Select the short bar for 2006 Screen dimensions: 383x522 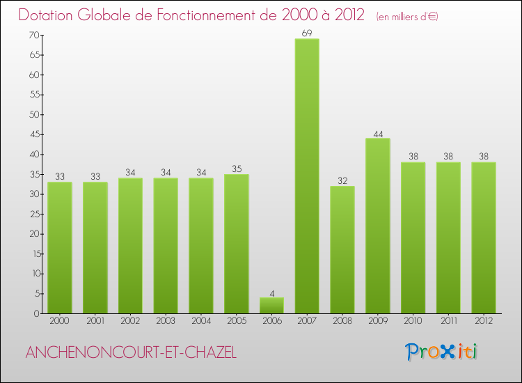click(x=271, y=305)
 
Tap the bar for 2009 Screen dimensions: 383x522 click(x=378, y=226)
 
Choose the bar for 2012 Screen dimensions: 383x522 click(x=484, y=237)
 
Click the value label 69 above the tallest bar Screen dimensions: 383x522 click(x=307, y=33)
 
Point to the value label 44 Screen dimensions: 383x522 click(x=378, y=132)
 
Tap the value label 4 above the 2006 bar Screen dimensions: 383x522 click(x=271, y=292)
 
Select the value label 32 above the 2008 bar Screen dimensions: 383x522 click(x=342, y=180)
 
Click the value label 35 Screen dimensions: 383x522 click(x=236, y=169)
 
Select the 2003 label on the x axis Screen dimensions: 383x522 click(x=165, y=322)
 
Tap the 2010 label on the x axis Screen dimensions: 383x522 click(x=413, y=322)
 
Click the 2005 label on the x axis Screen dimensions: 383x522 click(x=236, y=322)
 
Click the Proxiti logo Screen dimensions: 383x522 click(x=442, y=352)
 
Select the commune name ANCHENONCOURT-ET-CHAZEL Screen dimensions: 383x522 click(x=131, y=353)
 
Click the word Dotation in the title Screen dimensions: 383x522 click(x=52, y=15)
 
